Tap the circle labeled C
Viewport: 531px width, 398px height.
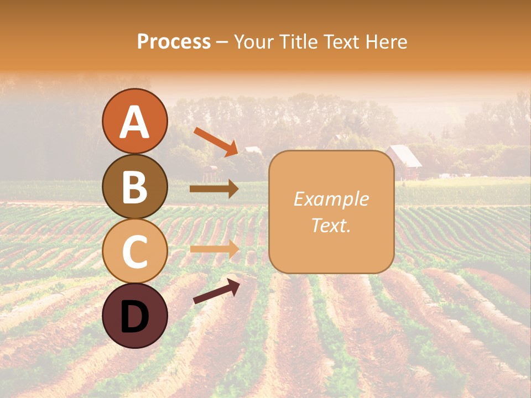pyautogui.click(x=134, y=251)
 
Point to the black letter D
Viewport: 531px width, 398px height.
pyautogui.click(x=134, y=317)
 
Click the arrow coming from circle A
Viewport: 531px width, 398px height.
pyautogui.click(x=216, y=142)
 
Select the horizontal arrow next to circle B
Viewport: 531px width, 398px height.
pyautogui.click(x=214, y=189)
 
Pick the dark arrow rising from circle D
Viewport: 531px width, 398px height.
pyautogui.click(x=216, y=291)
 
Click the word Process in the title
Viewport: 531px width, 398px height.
pyautogui.click(x=174, y=41)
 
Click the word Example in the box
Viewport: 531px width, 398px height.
pyautogui.click(x=331, y=199)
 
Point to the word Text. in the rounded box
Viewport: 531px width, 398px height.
pyautogui.click(x=331, y=225)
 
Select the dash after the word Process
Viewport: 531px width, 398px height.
pyautogui.click(x=222, y=42)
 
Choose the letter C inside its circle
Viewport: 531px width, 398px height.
pyautogui.click(x=134, y=252)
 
